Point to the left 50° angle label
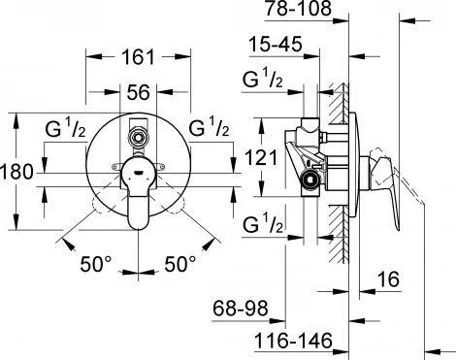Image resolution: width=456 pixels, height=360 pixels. (x=97, y=261)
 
